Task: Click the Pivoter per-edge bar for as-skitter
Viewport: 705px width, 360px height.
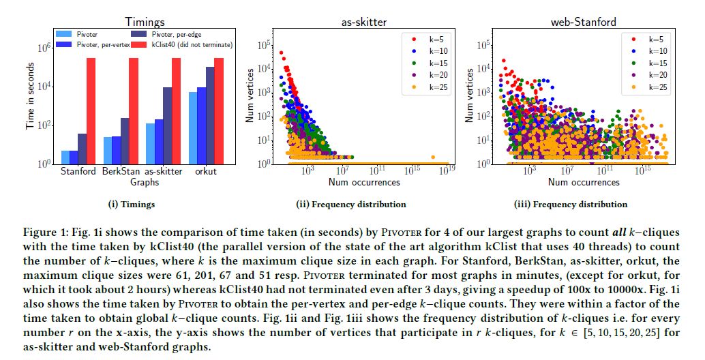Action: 167,125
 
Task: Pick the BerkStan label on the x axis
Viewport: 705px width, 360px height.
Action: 121,172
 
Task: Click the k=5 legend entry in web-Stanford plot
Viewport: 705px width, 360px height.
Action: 644,38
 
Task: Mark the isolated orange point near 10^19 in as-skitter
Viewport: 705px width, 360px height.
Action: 432,157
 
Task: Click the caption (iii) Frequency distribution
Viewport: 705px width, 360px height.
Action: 570,204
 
